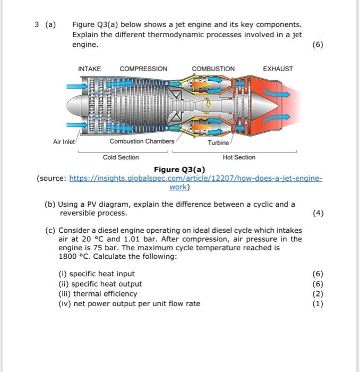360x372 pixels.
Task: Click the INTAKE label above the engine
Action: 89,69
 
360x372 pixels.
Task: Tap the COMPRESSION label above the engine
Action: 143,69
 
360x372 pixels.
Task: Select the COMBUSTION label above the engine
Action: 213,69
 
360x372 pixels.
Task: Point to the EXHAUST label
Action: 278,69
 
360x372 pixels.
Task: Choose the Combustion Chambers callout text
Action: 142,141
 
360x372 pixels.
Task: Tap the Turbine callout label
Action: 218,143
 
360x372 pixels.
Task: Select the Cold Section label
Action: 121,157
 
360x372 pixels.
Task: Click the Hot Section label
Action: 239,157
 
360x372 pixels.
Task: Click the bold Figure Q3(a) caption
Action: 179,170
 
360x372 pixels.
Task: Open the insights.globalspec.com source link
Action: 196,179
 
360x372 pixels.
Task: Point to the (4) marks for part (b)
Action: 318,213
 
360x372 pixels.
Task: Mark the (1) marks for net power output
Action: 318,303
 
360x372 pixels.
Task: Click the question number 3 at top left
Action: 37,24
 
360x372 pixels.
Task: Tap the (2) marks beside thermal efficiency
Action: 318,293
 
